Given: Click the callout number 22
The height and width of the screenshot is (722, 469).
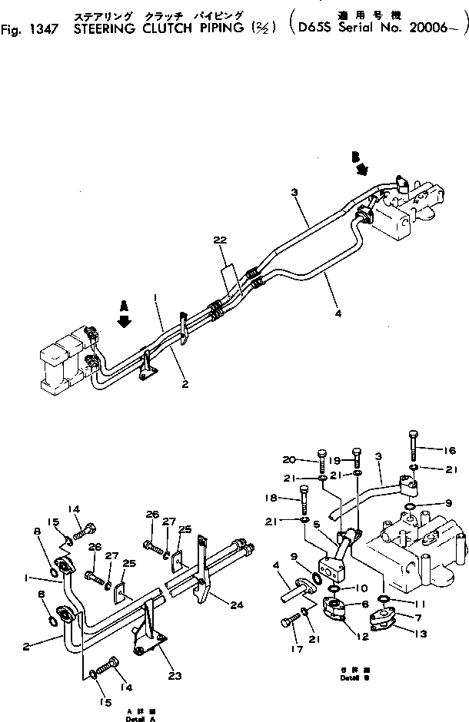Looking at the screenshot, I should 221,240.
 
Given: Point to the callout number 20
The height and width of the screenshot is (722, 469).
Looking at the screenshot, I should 288,459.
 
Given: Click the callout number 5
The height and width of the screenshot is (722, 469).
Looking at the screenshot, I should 316,546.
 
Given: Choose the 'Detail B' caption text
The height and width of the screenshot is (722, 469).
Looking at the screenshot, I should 351,677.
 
